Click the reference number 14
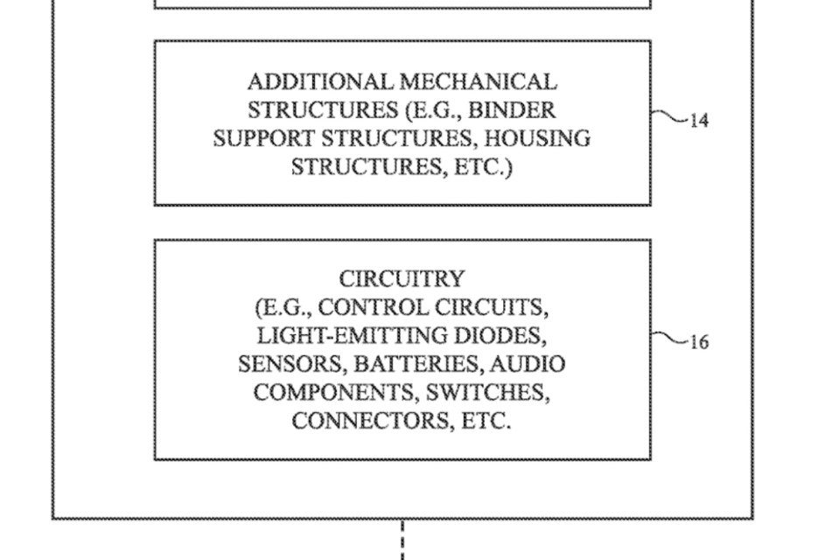[699, 122]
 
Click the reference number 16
[699, 343]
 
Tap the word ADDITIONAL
[320, 82]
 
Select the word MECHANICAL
[479, 82]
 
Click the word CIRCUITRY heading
[402, 279]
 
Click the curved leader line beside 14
[668, 115]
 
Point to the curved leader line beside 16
[668, 337]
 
